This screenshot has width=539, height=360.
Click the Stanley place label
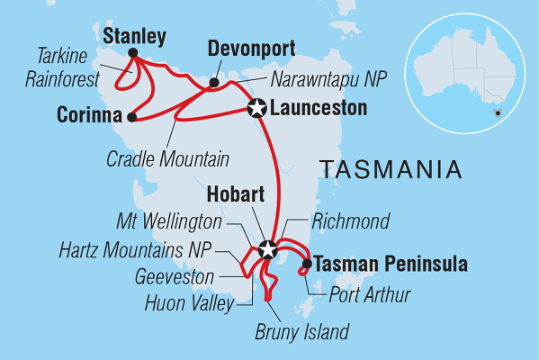[x=134, y=36]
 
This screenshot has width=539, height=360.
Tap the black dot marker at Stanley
[x=133, y=53]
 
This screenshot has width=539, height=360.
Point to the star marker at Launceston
[x=256, y=108]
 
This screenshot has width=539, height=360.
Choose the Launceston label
[x=306, y=108]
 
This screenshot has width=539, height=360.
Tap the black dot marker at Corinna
[x=132, y=116]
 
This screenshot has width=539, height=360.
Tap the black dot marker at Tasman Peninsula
[x=308, y=264]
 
